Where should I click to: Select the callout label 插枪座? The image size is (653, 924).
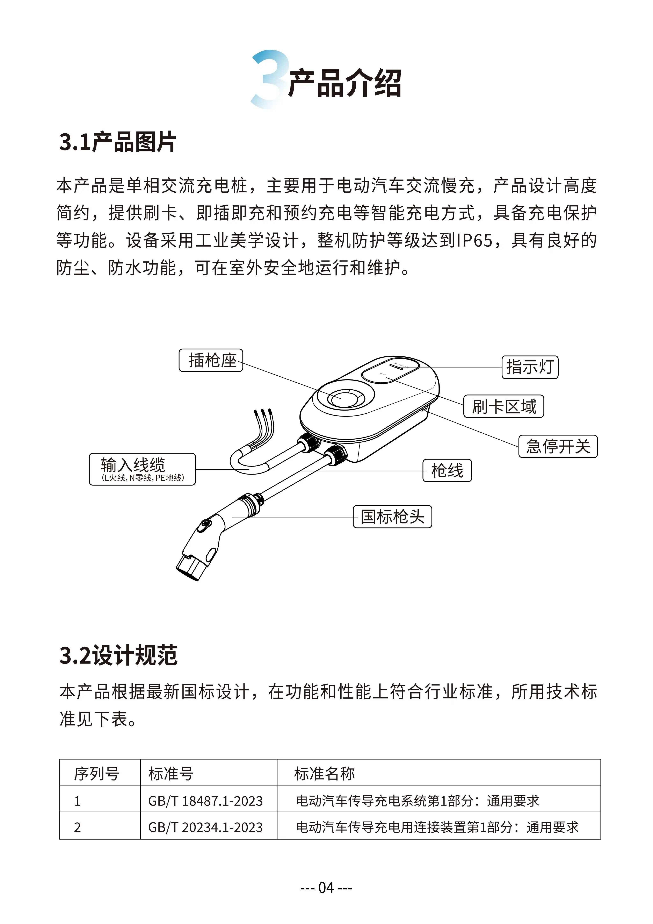coord(211,360)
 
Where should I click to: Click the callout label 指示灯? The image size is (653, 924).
coord(530,367)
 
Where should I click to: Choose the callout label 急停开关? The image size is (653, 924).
coord(558,446)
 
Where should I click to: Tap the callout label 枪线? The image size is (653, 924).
coord(447,470)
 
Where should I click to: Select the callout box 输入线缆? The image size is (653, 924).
coord(142,469)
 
